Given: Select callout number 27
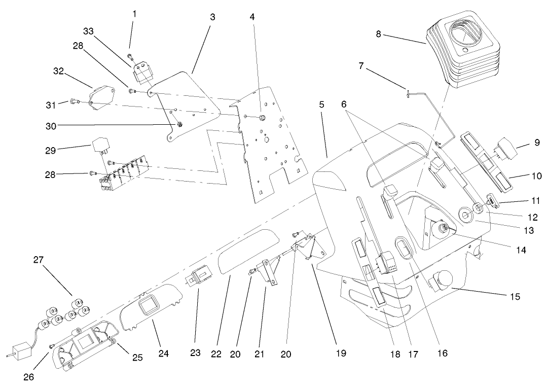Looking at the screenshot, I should pos(39,260).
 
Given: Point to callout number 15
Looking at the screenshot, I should pos(515,296).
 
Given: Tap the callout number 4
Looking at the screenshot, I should pos(252,16).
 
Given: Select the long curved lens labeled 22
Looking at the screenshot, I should pos(248,252).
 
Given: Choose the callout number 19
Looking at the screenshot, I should pos(341,352).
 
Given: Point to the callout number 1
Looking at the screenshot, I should pos(134,15).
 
